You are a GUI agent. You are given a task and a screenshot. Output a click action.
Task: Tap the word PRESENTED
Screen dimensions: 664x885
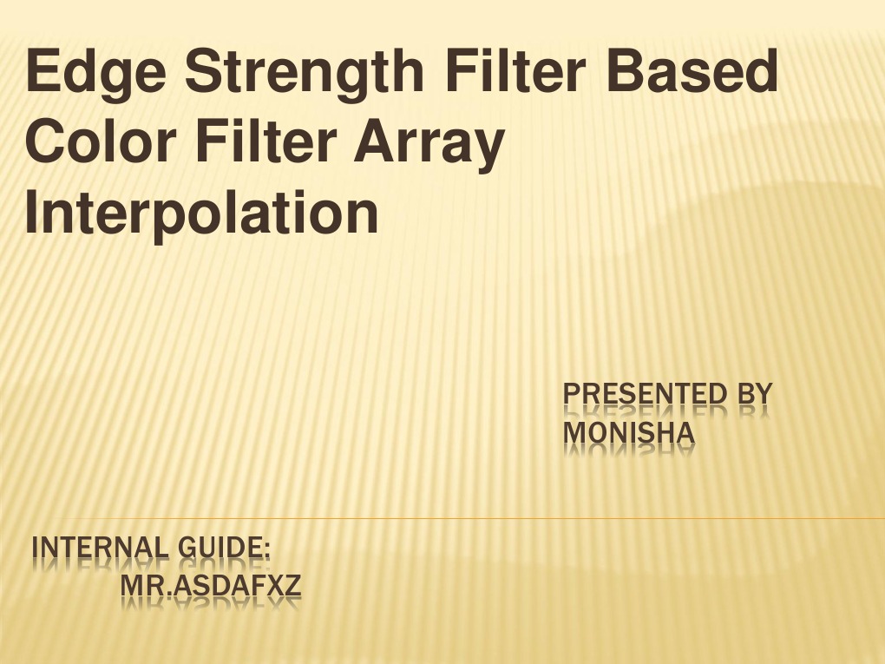click(645, 395)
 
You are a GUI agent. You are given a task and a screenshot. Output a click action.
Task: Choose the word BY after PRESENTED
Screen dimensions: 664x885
click(754, 395)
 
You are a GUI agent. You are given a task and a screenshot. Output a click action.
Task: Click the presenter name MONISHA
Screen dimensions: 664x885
click(629, 431)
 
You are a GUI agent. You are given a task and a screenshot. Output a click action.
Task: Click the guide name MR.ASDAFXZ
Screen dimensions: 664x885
click(211, 588)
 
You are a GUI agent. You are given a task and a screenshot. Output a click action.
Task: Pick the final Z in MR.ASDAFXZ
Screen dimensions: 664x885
click(292, 588)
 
